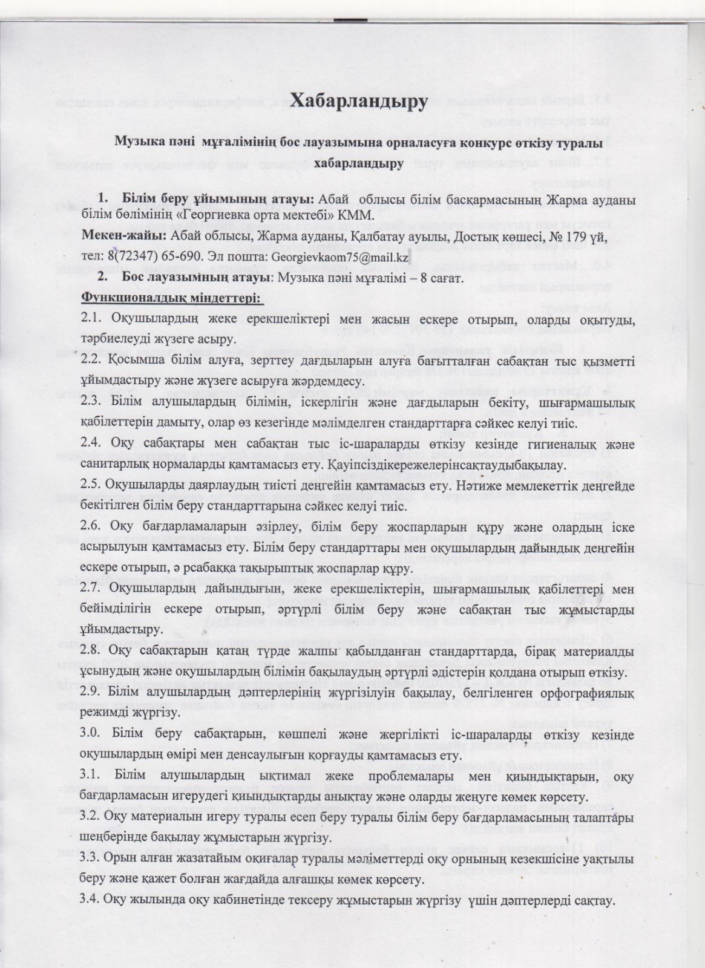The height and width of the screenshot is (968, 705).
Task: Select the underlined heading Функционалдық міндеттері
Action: click(171, 298)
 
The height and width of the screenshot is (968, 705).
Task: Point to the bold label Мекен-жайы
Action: click(125, 236)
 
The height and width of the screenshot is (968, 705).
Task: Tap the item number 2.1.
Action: click(92, 318)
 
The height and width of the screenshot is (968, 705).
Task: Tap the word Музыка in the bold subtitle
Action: click(137, 143)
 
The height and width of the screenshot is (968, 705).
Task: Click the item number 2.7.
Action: click(92, 589)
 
